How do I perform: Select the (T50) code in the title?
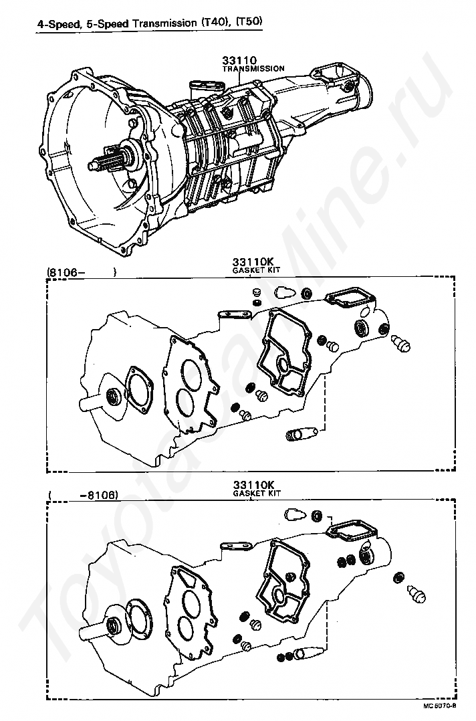(x=248, y=22)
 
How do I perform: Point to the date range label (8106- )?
(x=81, y=272)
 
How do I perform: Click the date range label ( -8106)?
(x=83, y=496)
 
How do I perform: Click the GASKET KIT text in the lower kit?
(x=257, y=493)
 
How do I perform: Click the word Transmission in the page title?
(x=164, y=22)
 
